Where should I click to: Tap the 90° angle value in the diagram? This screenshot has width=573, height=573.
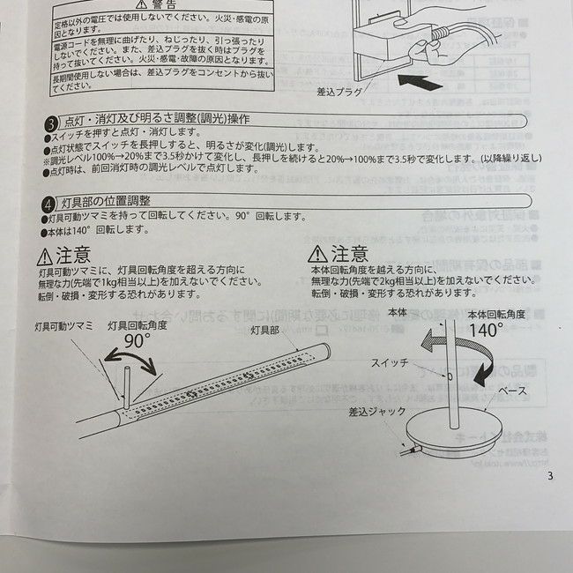click(x=138, y=341)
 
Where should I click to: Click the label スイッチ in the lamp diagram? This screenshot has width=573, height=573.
click(x=389, y=362)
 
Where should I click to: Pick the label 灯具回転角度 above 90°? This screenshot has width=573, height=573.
click(x=137, y=325)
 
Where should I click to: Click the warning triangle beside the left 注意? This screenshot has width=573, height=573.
click(x=44, y=257)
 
